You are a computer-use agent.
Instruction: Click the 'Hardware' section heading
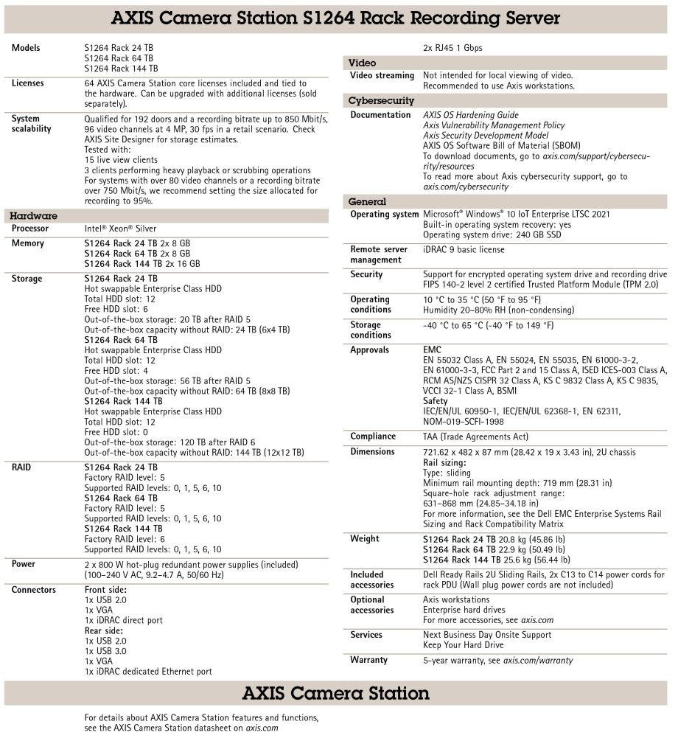point(33,216)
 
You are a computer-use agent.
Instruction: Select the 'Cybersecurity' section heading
point(381,101)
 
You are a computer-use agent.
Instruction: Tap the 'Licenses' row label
point(28,83)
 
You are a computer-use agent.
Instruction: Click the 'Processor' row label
point(30,229)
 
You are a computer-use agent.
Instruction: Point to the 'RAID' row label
point(22,467)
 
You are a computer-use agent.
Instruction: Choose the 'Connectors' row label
point(34,590)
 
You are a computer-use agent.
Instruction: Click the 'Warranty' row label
point(368,660)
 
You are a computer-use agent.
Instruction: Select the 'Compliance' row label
point(373,436)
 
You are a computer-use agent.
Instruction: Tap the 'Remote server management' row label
point(379,254)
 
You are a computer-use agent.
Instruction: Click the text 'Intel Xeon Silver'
point(120,229)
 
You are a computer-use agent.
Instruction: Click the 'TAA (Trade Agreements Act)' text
point(475,436)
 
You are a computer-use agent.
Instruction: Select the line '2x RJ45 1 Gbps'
point(452,49)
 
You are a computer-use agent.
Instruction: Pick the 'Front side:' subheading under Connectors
point(105,590)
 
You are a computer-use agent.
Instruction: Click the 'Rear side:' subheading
point(105,631)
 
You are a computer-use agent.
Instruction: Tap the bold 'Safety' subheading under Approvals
point(436,401)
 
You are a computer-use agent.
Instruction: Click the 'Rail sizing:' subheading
point(444,462)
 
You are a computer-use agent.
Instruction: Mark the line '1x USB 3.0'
point(107,652)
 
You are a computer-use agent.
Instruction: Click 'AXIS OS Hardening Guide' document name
point(470,115)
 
